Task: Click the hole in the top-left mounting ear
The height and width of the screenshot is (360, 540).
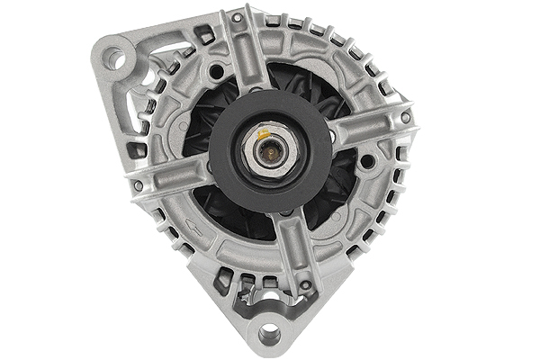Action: click(112, 58)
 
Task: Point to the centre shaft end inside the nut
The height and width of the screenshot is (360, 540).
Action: click(268, 150)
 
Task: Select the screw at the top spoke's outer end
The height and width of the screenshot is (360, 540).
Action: click(237, 17)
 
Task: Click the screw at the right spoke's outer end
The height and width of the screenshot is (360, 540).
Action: click(406, 117)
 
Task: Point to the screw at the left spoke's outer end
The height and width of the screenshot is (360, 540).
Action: click(138, 185)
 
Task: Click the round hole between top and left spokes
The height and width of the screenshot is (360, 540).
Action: click(215, 68)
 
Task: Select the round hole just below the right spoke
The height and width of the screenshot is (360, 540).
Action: click(367, 162)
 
